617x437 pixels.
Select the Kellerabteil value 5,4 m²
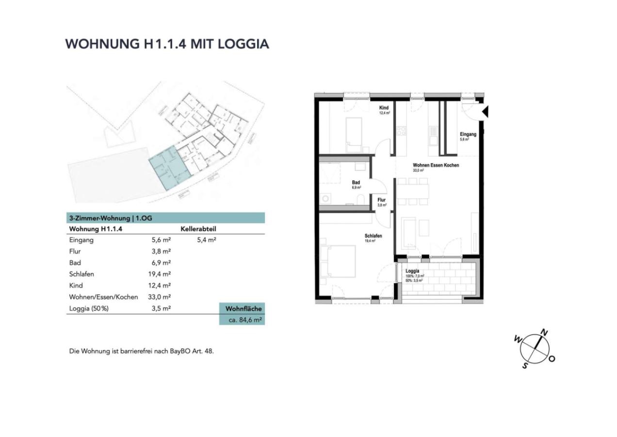pos(207,240)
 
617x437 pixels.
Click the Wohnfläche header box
pos(244,308)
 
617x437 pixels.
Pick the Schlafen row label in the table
pos(82,274)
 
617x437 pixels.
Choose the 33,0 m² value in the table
pos(159,297)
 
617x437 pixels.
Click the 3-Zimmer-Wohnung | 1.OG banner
pos(111,218)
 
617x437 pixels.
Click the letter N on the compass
pos(545,333)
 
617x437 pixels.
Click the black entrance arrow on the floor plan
pos(485,113)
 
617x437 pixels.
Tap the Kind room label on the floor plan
pos(384,108)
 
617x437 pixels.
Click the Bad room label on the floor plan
pos(356,183)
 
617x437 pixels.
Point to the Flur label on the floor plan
pos(382,200)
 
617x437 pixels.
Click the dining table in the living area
pos(413,191)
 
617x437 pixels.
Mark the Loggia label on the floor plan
pos(412,271)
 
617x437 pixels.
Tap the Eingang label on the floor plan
pos(468,134)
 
